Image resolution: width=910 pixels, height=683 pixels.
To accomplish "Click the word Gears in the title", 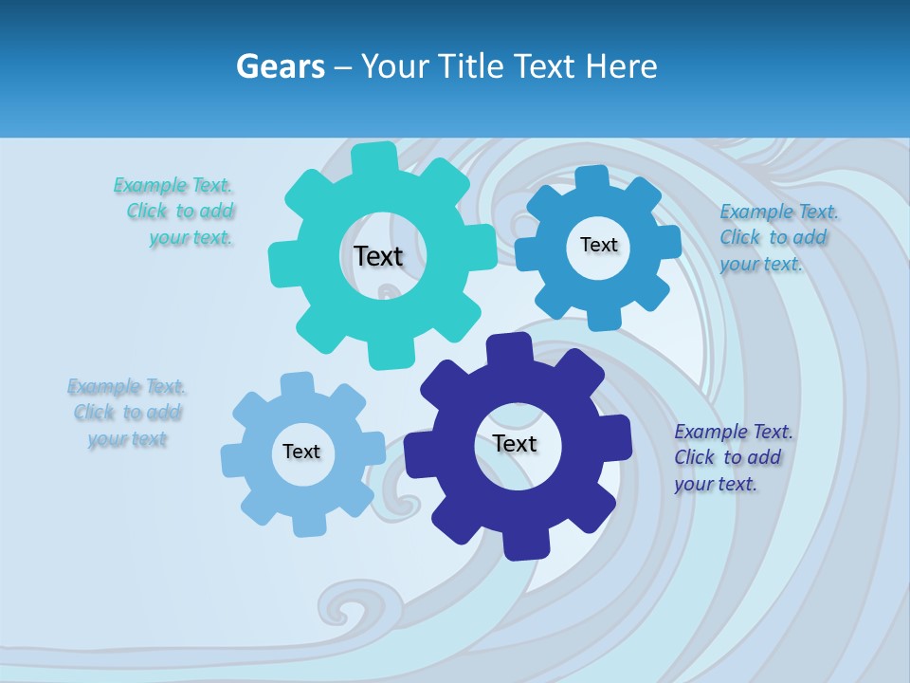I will point(281,66).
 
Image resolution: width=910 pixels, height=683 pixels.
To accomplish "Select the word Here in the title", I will point(621,66).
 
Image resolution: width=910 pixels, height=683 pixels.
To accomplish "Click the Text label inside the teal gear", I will point(378,256).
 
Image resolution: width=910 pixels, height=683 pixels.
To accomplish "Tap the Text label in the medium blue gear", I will point(598,245).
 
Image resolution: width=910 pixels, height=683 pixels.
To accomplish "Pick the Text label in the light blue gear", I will point(301,452).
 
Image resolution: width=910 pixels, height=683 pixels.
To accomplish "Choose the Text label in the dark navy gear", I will point(515,443).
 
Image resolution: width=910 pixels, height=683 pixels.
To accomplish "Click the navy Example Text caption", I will point(732,457).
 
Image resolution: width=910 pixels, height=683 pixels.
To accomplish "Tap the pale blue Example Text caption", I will point(127,413).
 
